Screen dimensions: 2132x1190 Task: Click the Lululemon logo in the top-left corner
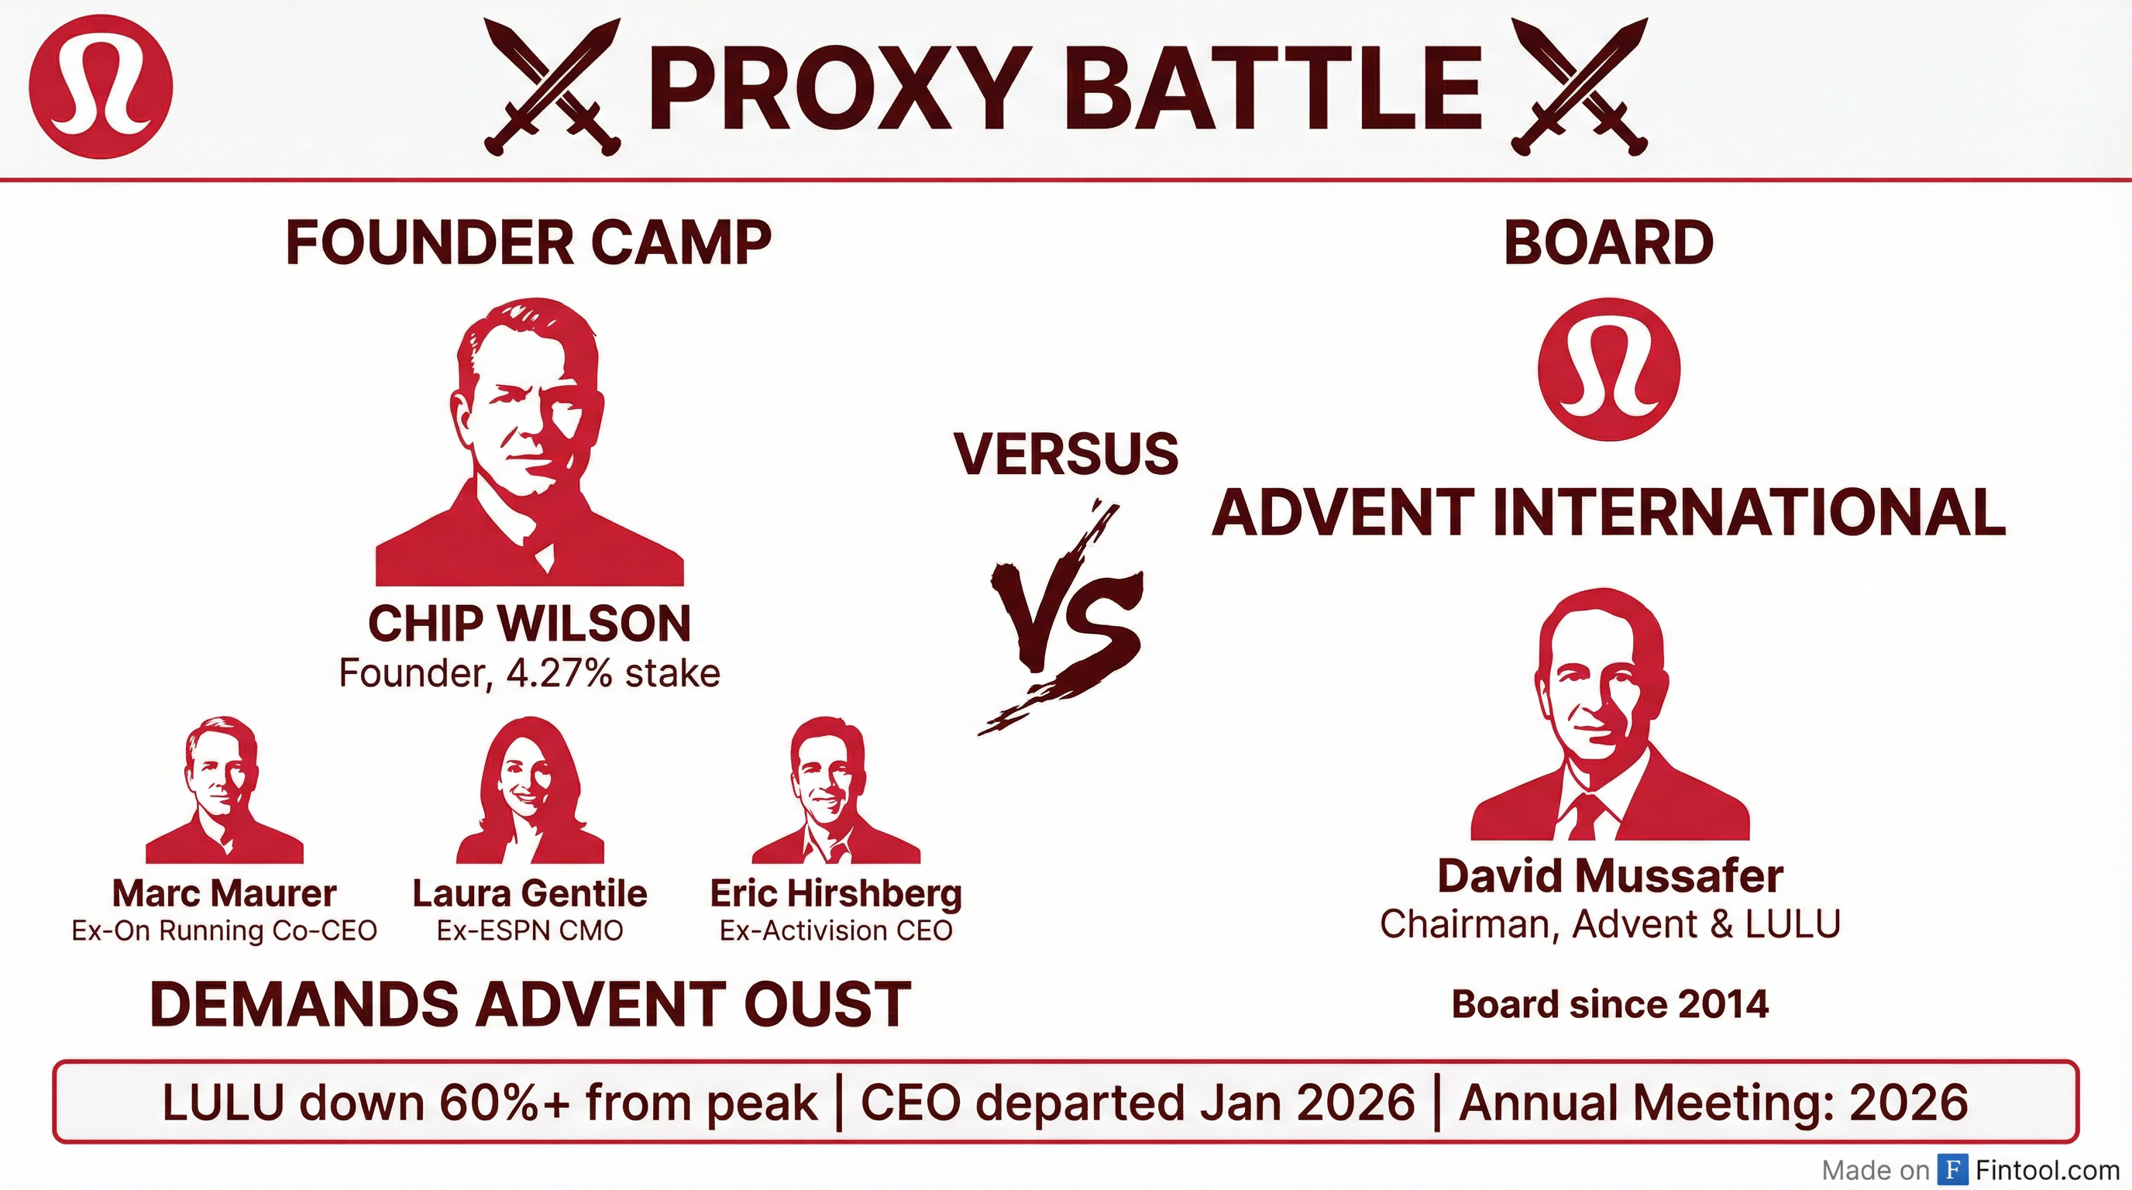click(x=101, y=86)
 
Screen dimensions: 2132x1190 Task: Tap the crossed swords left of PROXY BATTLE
click(x=552, y=87)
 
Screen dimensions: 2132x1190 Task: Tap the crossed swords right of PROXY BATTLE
click(x=1579, y=87)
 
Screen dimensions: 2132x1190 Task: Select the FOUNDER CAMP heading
click(x=529, y=242)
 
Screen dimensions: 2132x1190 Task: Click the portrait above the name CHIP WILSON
click(x=530, y=442)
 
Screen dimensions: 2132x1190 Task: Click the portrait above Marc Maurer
click(x=225, y=790)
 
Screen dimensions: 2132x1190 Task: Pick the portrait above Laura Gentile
click(x=531, y=790)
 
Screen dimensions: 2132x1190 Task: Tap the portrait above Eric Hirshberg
click(x=836, y=790)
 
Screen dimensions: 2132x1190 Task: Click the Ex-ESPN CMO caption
click(x=530, y=931)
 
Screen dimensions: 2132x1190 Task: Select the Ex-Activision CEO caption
click(x=836, y=931)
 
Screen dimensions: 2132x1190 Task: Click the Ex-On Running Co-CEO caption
click(x=225, y=931)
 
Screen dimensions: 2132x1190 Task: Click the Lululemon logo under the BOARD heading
click(x=1609, y=369)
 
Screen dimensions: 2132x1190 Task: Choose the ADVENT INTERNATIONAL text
click(x=1609, y=512)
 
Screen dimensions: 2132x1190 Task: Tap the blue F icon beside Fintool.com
click(x=1953, y=1170)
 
